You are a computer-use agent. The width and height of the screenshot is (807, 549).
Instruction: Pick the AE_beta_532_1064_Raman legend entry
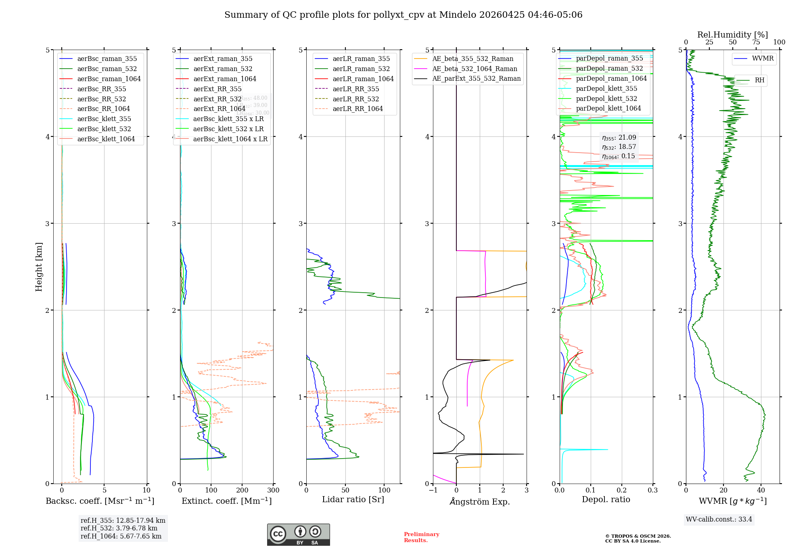pyautogui.click(x=475, y=69)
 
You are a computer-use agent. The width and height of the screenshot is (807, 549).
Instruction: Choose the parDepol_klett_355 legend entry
pyautogui.click(x=606, y=88)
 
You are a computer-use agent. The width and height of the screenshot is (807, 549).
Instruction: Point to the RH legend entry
pyautogui.click(x=759, y=80)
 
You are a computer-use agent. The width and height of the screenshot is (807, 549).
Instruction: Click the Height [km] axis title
pyautogui.click(x=39, y=266)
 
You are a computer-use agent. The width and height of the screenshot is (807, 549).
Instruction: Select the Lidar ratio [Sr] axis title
pyautogui.click(x=353, y=499)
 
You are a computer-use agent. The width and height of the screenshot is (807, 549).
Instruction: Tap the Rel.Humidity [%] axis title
pyautogui.click(x=732, y=35)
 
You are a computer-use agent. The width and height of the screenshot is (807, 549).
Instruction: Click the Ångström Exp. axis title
pyautogui.click(x=480, y=501)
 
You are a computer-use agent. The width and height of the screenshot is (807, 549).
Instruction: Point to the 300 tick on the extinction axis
pyautogui.click(x=273, y=490)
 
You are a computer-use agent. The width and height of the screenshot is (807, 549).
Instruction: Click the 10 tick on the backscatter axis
pyautogui.click(x=146, y=490)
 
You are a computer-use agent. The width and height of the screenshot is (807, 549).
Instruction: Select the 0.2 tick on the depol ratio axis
pyautogui.click(x=622, y=490)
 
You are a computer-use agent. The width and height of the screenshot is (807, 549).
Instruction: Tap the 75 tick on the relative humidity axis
pyautogui.click(x=756, y=42)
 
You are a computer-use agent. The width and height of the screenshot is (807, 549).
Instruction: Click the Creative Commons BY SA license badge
pyautogui.click(x=298, y=535)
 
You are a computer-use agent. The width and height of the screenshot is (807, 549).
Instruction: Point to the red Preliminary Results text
pyautogui.click(x=421, y=537)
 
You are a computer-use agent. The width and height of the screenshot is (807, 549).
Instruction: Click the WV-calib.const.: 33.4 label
pyautogui.click(x=719, y=519)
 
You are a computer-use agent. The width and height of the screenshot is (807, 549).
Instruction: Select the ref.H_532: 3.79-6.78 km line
pyautogui.click(x=119, y=528)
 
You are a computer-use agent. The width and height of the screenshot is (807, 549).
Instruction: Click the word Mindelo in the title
pyautogui.click(x=458, y=15)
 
